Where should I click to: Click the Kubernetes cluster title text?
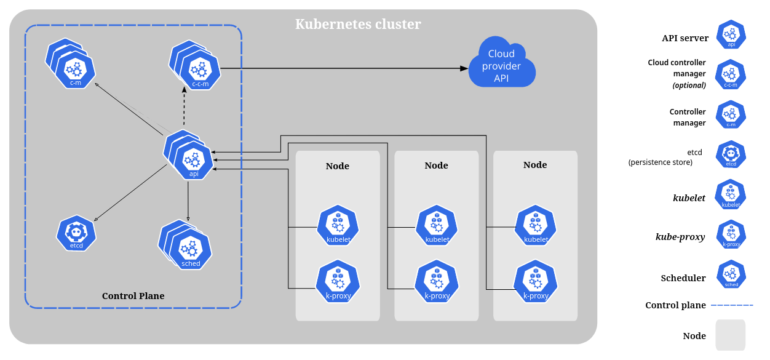tap(358, 25)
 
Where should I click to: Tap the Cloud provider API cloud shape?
tap(501, 66)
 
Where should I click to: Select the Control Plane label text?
tap(133, 296)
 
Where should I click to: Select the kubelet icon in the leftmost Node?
tap(337, 225)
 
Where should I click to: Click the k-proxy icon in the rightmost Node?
tap(535, 281)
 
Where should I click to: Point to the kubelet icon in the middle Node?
tap(437, 225)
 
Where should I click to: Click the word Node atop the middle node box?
tap(436, 166)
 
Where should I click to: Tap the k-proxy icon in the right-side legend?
tap(731, 234)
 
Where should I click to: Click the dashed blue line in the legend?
tap(731, 305)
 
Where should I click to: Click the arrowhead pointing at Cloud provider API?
tap(464, 68)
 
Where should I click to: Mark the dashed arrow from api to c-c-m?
tap(184, 108)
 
